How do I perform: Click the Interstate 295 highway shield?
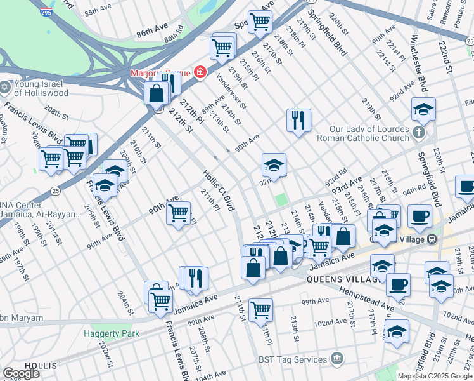coord(45,13)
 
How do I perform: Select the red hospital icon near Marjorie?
coord(200,72)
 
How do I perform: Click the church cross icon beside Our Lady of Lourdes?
coord(418,133)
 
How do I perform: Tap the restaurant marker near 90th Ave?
coord(298,119)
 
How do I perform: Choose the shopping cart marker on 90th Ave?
coord(179,212)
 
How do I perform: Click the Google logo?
coord(21,373)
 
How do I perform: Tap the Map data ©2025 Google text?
coord(434,376)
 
